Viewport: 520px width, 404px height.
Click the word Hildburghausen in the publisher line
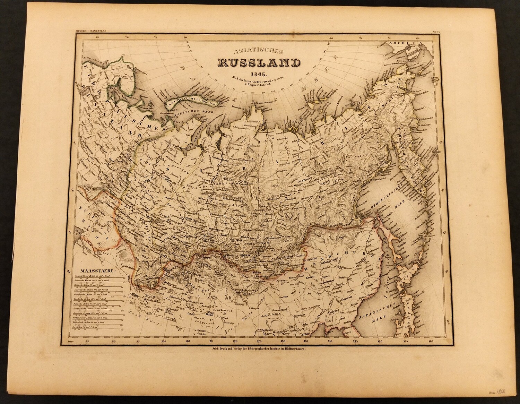click(x=293, y=351)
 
